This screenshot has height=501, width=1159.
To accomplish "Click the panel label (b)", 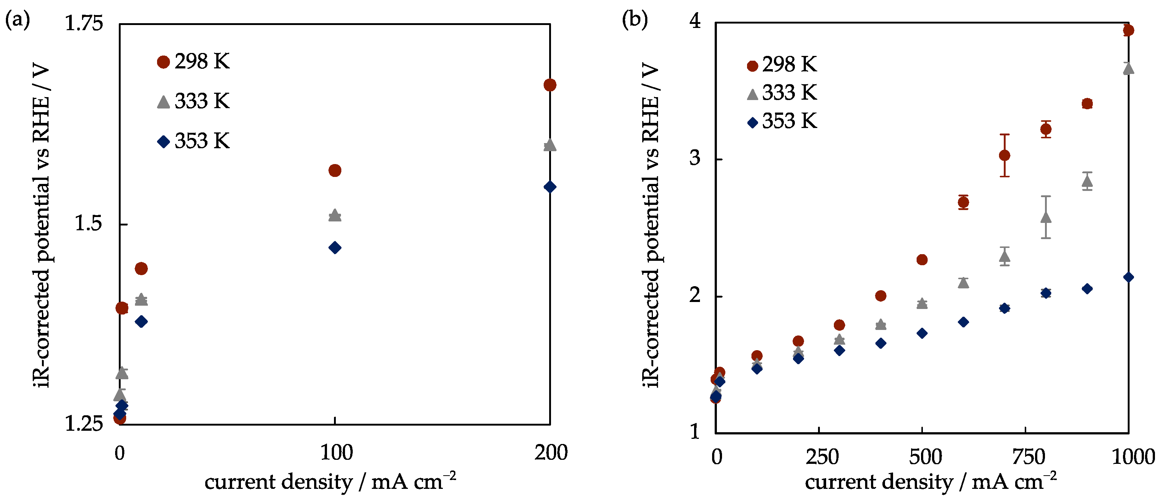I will coord(634,20).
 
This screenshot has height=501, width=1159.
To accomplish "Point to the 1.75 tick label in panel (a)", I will coord(84,24).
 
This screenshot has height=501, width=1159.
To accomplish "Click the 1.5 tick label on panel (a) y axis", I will coord(88,224).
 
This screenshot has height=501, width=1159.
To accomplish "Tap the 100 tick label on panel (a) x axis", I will coord(336,453).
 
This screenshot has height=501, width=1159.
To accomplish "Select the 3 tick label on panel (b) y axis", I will coord(695,159).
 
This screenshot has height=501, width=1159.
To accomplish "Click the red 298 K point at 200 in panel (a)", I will coord(550,85).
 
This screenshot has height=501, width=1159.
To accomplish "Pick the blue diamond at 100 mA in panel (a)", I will coord(335,248).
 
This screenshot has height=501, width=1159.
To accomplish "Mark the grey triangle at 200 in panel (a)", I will coord(550,145).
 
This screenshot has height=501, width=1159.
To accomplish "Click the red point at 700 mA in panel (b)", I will coord(1004,155).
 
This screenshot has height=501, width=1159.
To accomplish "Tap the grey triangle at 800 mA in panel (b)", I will coord(1046,217).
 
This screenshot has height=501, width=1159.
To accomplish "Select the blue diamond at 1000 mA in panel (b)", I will coord(1128,277).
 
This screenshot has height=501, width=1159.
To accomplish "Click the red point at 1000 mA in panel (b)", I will coord(1128,30).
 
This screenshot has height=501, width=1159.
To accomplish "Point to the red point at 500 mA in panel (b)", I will coord(922,260).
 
